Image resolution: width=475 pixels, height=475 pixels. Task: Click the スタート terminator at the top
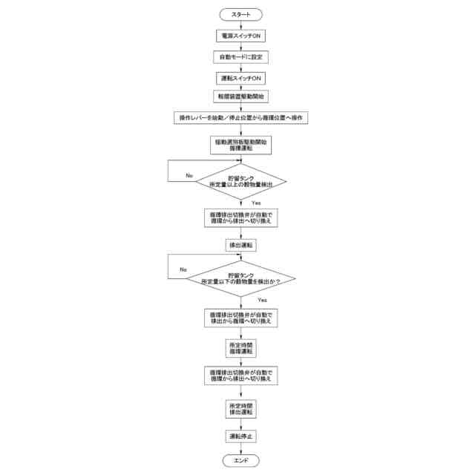coord(240,14)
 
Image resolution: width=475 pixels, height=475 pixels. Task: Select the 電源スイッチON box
coord(240,36)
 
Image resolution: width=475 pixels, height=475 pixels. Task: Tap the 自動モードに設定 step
coord(240,57)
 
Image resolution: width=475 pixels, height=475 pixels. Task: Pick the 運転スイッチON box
coord(240,78)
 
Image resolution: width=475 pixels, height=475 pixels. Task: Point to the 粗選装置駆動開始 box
coord(240,97)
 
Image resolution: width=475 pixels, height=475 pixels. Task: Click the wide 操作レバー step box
coord(240,118)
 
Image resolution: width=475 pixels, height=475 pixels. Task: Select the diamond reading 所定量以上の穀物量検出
coord(240,181)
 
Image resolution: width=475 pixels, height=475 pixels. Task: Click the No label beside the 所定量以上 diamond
coord(189,175)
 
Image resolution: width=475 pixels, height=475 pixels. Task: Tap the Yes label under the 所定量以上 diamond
coord(256,203)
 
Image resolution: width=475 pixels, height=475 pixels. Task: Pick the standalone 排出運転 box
coord(240,244)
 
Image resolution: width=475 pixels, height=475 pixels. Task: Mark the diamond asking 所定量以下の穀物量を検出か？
coord(240,278)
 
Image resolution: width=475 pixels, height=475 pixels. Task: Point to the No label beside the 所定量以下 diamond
coord(183,269)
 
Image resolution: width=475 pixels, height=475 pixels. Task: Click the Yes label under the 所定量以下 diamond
coord(262,300)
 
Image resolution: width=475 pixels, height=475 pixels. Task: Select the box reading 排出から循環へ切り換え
coord(240,318)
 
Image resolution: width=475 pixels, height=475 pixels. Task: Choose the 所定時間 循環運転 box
coord(240,347)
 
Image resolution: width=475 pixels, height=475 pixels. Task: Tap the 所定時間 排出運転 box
coord(240,409)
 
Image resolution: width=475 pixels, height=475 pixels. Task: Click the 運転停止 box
coord(240,436)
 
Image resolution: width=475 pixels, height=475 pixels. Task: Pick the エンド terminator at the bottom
coord(240,461)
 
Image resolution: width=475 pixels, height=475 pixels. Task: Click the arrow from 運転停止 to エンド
coord(240,448)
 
